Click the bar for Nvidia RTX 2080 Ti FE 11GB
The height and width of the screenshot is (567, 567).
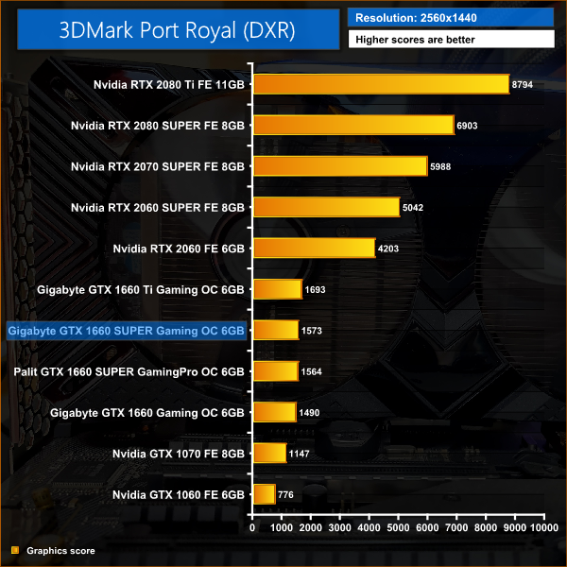tap(381, 84)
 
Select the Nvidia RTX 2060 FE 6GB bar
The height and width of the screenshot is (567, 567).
tap(313, 249)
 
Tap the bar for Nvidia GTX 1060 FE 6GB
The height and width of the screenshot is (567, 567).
tap(263, 494)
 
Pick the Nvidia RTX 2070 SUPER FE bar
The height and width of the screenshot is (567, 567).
tap(340, 166)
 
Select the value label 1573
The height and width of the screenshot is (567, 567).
tap(312, 330)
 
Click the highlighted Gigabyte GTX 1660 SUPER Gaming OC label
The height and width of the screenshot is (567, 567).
tap(126, 330)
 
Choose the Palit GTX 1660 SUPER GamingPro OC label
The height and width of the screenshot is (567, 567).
tap(129, 371)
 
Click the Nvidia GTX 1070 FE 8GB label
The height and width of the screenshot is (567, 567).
tap(179, 454)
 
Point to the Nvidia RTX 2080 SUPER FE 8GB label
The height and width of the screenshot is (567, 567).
tap(158, 125)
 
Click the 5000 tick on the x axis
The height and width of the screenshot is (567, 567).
tap(399, 528)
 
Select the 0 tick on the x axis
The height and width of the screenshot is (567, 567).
tap(251, 528)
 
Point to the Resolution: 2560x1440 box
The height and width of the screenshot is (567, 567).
tap(451, 17)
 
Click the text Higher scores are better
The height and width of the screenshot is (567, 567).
tap(451, 40)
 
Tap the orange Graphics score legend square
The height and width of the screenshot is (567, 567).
tap(14, 550)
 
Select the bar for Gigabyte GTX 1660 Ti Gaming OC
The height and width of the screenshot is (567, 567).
tap(276, 289)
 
